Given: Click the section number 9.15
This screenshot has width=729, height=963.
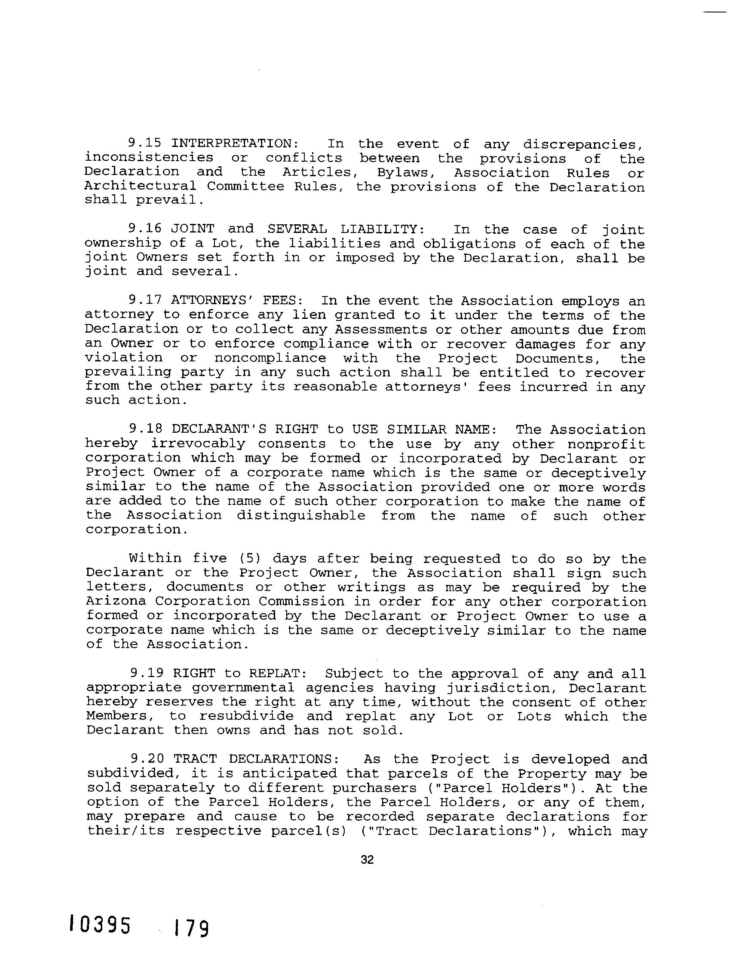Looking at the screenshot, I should (x=144, y=143).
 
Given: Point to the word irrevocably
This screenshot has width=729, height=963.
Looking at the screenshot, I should (x=198, y=443).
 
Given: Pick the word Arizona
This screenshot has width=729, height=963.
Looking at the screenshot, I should (x=115, y=601).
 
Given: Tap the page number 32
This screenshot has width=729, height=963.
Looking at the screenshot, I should (x=368, y=859).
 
